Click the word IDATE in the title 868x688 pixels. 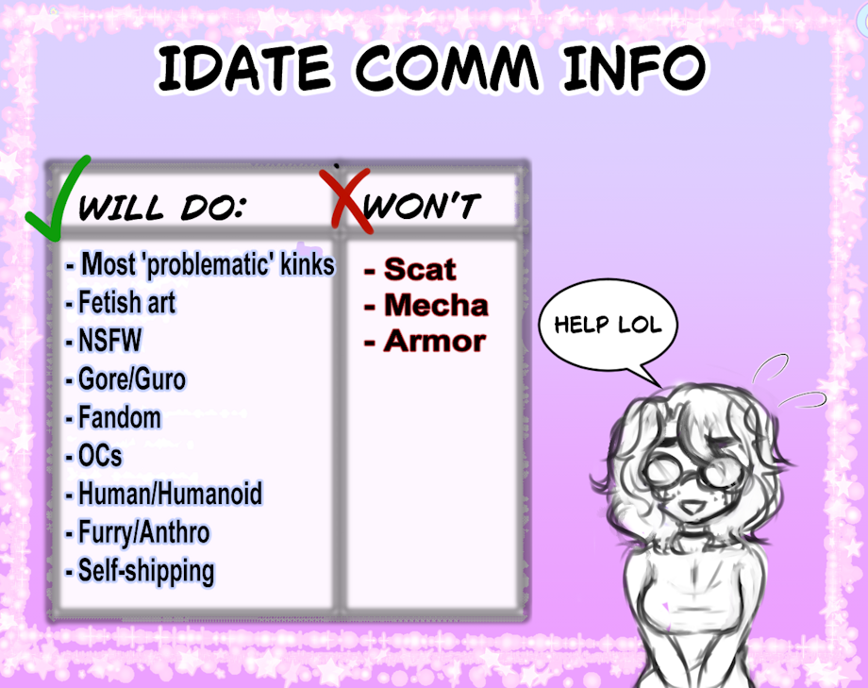pyautogui.click(x=244, y=68)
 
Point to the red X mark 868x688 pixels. pyautogui.click(x=346, y=199)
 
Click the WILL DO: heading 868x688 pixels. pyautogui.click(x=162, y=208)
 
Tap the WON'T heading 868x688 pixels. pyautogui.click(x=422, y=206)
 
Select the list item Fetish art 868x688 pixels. pyautogui.click(x=121, y=302)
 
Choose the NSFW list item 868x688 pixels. pyautogui.click(x=104, y=340)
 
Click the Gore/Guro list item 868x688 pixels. pyautogui.click(x=125, y=378)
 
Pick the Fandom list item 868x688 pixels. pyautogui.click(x=113, y=417)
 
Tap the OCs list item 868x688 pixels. pyautogui.click(x=94, y=455)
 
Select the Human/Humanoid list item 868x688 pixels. pyautogui.click(x=164, y=494)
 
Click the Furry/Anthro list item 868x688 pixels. pyautogui.click(x=138, y=532)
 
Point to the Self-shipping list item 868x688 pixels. pyautogui.click(x=140, y=571)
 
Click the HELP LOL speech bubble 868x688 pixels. pyautogui.click(x=608, y=325)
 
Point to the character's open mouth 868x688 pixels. pyautogui.click(x=691, y=506)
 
